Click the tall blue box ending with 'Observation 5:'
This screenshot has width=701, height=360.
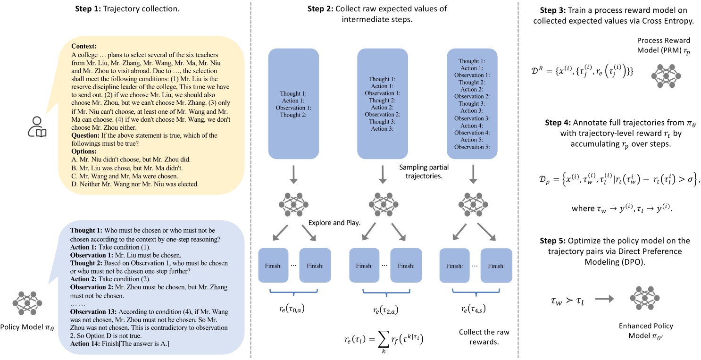[x=475, y=103]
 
